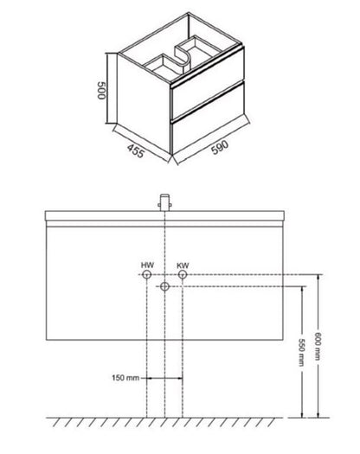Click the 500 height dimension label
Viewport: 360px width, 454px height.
101,90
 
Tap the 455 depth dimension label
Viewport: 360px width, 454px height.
135,151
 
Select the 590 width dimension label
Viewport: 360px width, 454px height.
220,148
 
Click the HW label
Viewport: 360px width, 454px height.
147,265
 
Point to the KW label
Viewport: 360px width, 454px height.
183,265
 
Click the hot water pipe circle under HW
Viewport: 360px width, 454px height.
147,274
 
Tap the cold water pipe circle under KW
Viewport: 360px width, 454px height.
183,274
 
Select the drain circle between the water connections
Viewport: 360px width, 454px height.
164,286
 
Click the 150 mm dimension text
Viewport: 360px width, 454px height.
125,378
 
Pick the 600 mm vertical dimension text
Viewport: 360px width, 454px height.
318,346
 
